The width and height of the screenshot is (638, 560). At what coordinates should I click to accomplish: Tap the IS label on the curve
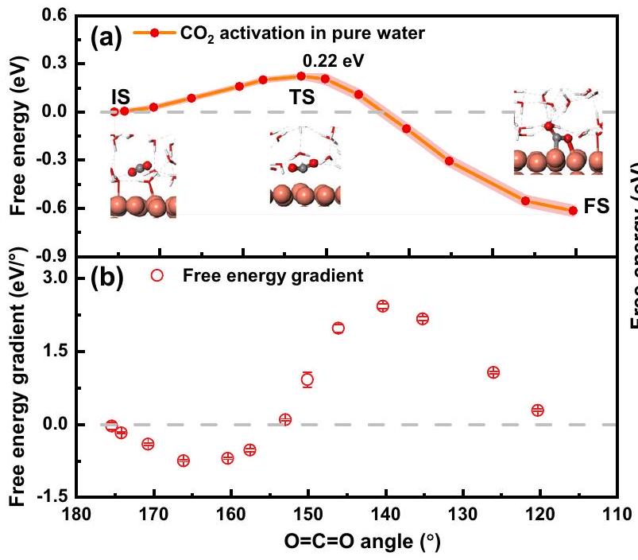click(x=120, y=95)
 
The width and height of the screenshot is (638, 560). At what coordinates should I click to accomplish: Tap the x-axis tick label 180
click(x=75, y=516)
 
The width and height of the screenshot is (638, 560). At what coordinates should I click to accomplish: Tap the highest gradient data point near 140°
click(x=382, y=305)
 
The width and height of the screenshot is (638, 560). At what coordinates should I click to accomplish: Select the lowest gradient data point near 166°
click(x=184, y=461)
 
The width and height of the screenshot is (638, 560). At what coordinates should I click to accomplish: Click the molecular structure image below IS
click(x=142, y=177)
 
